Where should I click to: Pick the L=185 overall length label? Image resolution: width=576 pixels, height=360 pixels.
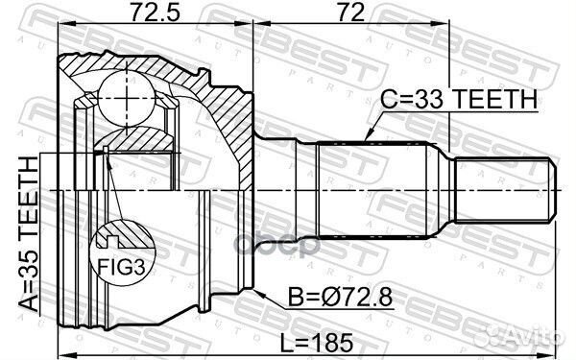coord(318,341)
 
